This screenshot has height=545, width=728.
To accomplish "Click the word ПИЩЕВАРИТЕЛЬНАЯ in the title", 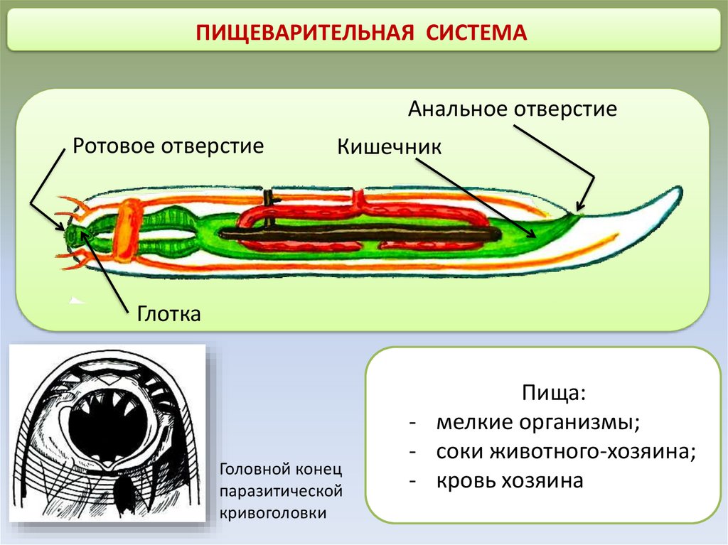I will (x=305, y=33).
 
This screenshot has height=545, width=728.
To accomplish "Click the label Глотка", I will (x=169, y=313).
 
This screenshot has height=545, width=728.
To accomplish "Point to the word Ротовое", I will (x=115, y=146).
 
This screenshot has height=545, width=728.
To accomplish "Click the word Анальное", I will (x=459, y=109).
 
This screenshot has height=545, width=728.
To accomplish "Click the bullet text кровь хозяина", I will (x=510, y=480).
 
